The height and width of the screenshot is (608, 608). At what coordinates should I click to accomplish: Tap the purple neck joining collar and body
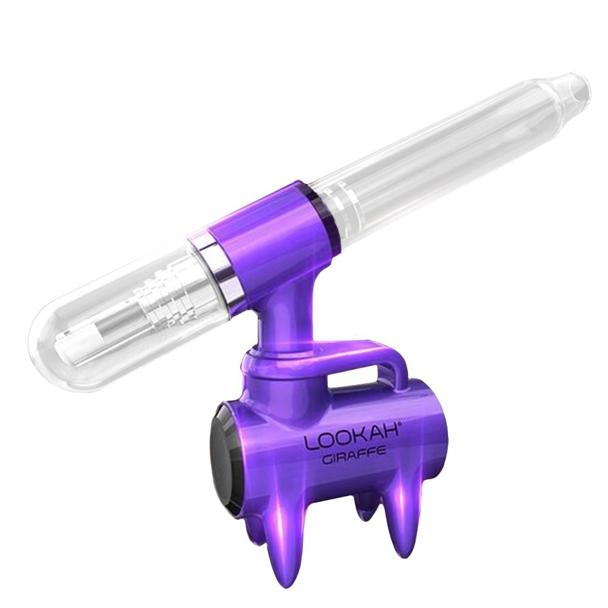pos(280,316)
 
